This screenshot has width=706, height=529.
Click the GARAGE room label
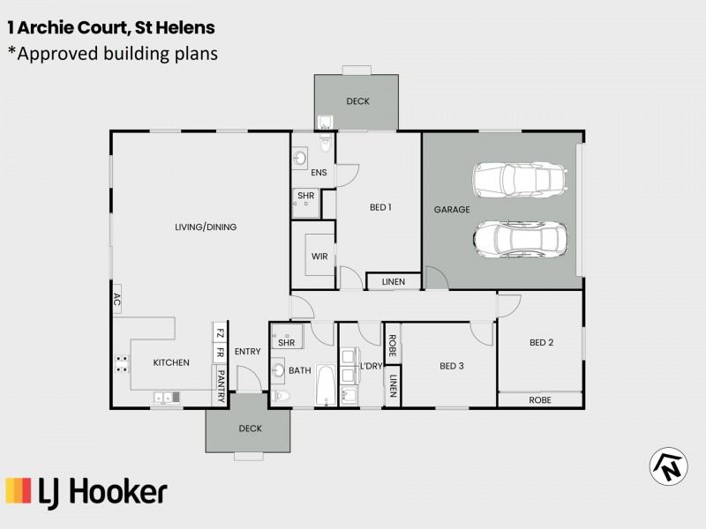click(x=451, y=210)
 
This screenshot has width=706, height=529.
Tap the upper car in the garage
click(x=518, y=180)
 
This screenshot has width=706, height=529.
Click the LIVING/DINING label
click(x=206, y=227)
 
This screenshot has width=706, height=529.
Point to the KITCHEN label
click(x=171, y=362)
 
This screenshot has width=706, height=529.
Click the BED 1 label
click(x=380, y=208)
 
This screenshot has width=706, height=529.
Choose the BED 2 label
click(x=541, y=343)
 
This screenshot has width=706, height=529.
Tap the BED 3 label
click(x=452, y=366)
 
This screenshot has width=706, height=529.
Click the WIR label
click(x=320, y=257)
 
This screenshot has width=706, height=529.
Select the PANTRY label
click(x=220, y=386)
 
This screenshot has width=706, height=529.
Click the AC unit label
click(x=116, y=300)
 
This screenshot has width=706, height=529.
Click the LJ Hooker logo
click(x=86, y=491)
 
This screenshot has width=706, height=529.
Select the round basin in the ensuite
click(x=300, y=159)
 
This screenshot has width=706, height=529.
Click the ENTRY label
click(x=248, y=352)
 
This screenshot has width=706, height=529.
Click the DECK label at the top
click(x=357, y=101)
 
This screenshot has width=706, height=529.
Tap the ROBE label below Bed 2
click(x=540, y=399)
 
